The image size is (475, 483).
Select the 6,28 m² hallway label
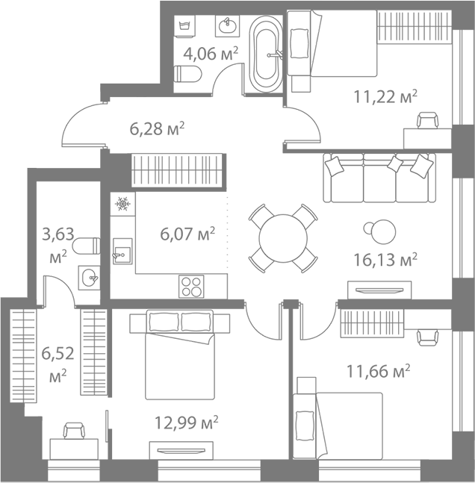pos(157,128)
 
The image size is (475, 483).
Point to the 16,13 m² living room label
pos(385,259)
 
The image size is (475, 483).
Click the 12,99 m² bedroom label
pos(186,423)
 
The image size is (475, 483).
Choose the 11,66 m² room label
pos(379,370)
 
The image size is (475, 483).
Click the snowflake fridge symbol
pos(122,203)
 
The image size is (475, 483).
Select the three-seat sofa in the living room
pos(379,178)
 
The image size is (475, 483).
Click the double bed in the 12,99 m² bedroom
pos(179,355)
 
